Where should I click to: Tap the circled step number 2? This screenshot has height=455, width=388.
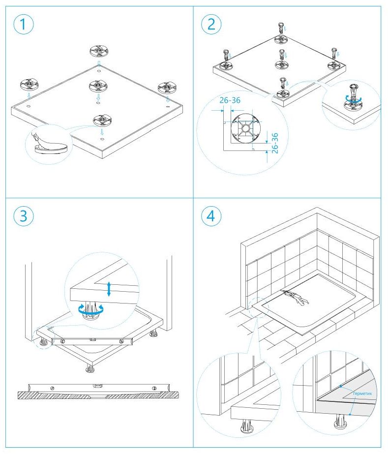tap(211, 25)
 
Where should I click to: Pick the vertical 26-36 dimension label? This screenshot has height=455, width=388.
tap(275, 142)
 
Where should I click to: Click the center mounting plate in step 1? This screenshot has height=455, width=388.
tap(98, 87)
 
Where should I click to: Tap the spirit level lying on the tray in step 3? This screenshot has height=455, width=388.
tap(90, 340)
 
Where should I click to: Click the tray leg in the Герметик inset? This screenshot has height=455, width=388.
tap(339, 421)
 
